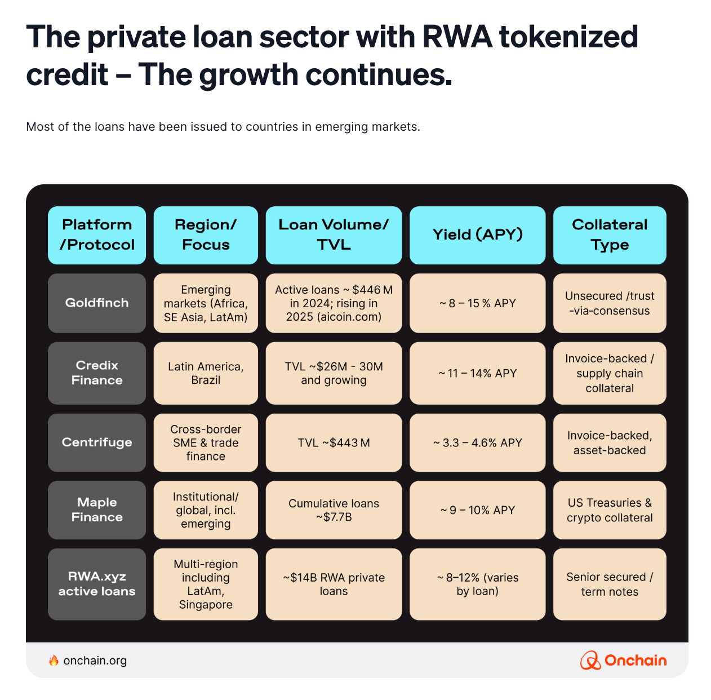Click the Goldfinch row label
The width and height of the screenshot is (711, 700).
click(x=97, y=303)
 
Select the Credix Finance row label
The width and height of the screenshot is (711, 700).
click(x=97, y=373)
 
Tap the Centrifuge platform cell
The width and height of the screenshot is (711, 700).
click(x=97, y=442)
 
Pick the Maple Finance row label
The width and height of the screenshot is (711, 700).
click(x=97, y=510)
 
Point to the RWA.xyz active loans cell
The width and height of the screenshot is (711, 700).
click(x=97, y=584)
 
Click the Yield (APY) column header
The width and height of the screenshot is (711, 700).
click(x=477, y=235)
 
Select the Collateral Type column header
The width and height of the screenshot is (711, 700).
click(x=610, y=235)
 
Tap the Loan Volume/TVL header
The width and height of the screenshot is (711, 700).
click(x=334, y=235)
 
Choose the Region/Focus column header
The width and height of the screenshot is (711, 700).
click(x=206, y=235)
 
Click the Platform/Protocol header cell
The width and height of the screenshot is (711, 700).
click(x=97, y=235)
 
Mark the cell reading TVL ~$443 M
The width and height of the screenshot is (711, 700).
click(x=334, y=442)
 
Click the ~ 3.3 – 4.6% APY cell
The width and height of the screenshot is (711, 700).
click(x=477, y=442)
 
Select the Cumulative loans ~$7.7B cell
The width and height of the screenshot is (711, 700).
click(x=334, y=510)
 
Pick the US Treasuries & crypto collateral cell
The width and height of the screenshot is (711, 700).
click(x=610, y=510)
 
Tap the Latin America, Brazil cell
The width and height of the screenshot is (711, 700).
click(x=206, y=373)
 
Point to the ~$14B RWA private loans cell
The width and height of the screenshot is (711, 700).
click(x=334, y=584)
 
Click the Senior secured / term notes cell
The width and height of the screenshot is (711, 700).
click(x=610, y=584)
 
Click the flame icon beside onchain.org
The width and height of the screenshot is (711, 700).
click(x=54, y=661)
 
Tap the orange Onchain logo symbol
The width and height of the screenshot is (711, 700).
click(x=590, y=661)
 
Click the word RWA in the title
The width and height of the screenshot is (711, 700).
click(x=457, y=37)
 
